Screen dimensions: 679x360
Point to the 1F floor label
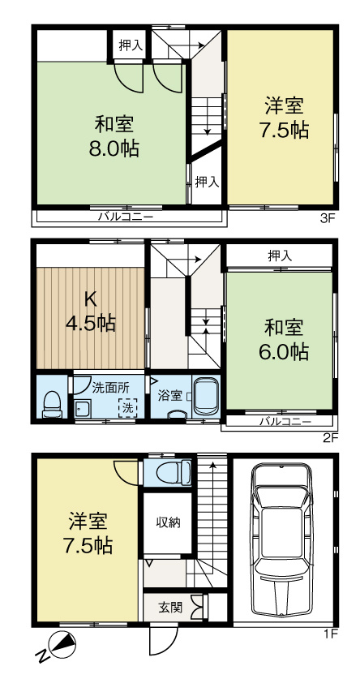[328, 634]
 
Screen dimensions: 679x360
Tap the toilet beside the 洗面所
[53, 403]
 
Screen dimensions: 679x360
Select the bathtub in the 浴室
[205, 397]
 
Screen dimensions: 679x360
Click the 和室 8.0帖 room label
[114, 137]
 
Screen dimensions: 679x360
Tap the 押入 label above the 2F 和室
[279, 256]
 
